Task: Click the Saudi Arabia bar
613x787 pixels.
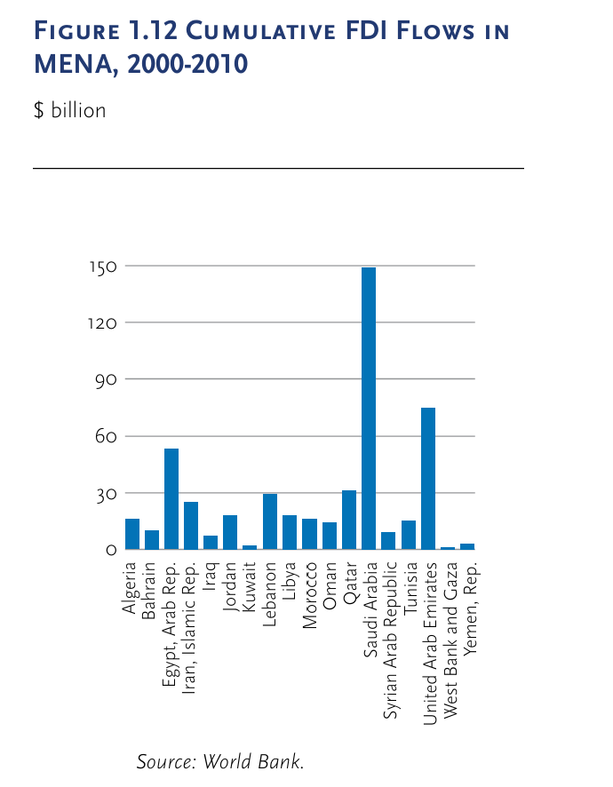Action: pos(369,409)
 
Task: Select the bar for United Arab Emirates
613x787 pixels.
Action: pos(428,479)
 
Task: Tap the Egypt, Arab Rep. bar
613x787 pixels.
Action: pos(171,499)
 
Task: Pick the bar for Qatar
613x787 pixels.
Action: pos(349,521)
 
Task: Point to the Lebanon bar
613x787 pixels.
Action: pos(270,522)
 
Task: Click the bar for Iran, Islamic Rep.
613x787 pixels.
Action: pos(191,526)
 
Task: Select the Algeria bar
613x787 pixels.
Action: pos(132,534)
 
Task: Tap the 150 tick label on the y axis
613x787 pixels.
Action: pos(102,266)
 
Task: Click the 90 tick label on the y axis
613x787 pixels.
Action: pos(105,380)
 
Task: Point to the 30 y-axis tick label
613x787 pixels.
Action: pos(105,494)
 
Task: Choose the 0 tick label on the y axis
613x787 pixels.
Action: pos(111,551)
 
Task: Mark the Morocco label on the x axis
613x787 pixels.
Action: pos(310,594)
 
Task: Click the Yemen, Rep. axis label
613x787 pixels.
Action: pos(469,603)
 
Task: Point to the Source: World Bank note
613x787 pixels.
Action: pos(220,762)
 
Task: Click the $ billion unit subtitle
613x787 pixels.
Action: pos(69,111)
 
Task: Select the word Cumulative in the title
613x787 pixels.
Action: pos(243,33)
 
